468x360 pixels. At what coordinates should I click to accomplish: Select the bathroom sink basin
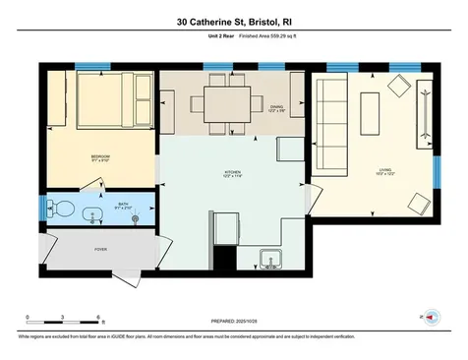click(x=96, y=211)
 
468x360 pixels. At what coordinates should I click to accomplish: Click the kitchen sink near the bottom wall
click(x=270, y=260)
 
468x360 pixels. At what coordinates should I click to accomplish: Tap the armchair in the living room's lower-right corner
click(x=416, y=204)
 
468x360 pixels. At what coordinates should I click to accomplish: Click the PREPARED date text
click(x=233, y=321)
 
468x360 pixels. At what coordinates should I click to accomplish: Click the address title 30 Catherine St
click(x=233, y=21)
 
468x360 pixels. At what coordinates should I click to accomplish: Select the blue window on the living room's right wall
click(x=436, y=172)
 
